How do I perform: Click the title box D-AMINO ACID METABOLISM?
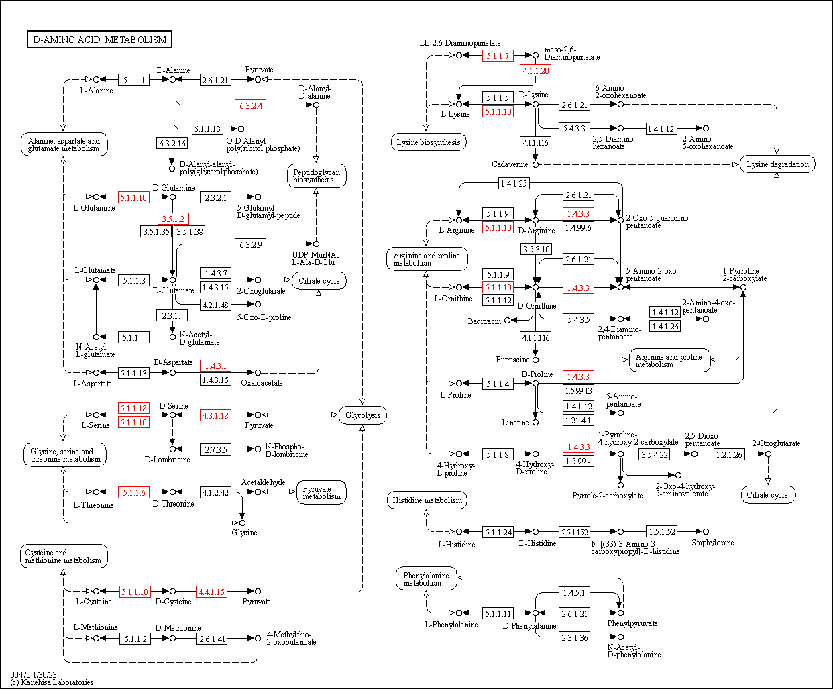pos(99,40)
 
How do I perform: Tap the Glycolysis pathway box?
pos(363,415)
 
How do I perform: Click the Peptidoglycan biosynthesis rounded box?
pos(317,176)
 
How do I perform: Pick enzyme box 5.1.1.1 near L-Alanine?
pos(133,80)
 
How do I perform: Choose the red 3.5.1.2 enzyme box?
pos(172,219)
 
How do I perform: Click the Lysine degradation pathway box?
pos(777,164)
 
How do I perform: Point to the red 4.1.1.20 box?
pos(536,70)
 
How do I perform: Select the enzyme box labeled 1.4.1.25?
pos(514,183)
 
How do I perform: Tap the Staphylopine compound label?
pos(712,543)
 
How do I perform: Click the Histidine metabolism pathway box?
pos(427,500)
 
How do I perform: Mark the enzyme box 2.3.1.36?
pos(575,637)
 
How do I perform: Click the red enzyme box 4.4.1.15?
pos(211,592)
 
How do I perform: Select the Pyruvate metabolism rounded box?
pos(321,493)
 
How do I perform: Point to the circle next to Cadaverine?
pos(535,164)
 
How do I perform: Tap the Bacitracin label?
pos(484,321)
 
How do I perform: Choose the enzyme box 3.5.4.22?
pos(655,454)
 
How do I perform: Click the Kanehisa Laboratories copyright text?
pos(52,682)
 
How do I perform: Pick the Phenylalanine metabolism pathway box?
pos(427,579)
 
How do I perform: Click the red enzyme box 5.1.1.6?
pos(133,492)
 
